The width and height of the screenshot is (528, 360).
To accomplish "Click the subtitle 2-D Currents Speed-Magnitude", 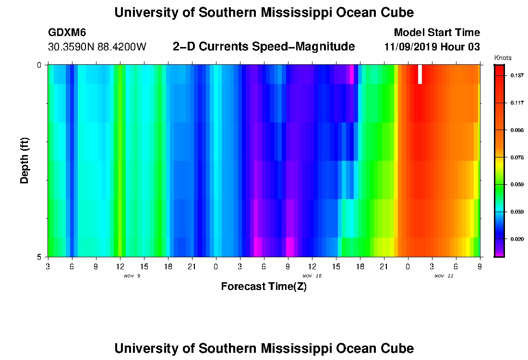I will point(264,47).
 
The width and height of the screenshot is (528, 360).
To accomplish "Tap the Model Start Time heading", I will point(436,33).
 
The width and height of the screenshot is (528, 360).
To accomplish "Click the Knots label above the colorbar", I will point(502,58).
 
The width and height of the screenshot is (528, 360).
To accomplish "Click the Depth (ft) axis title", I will point(25,160).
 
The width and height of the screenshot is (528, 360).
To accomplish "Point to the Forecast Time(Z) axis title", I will point(264,287).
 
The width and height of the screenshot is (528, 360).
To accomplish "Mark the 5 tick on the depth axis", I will point(39,257).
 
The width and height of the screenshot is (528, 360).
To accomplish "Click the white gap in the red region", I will point(420,74).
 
